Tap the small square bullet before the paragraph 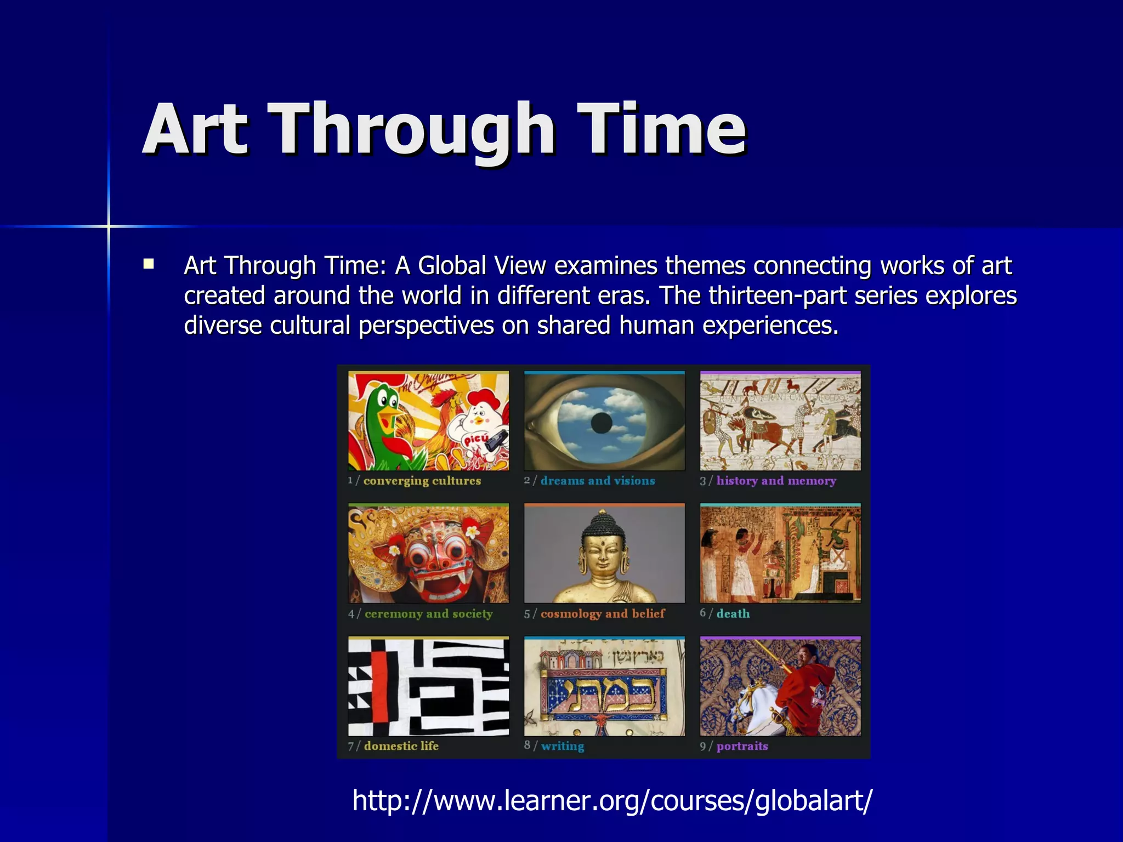(x=148, y=264)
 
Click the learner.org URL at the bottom (x=611, y=800)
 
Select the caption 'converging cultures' (x=422, y=481)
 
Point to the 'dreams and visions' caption (x=597, y=481)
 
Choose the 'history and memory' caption (x=776, y=481)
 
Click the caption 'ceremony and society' (x=428, y=613)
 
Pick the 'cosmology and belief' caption (x=602, y=613)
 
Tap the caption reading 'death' (x=733, y=613)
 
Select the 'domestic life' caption (x=401, y=746)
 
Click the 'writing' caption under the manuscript (x=562, y=746)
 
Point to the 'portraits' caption (x=742, y=746)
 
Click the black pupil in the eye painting (x=602, y=423)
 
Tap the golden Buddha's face (x=602, y=556)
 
